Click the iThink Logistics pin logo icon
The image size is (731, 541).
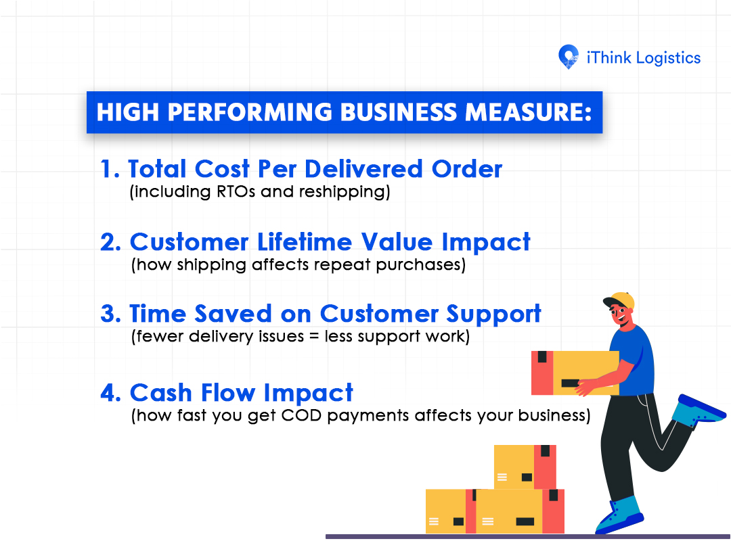click(x=569, y=57)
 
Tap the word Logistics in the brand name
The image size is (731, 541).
click(x=668, y=58)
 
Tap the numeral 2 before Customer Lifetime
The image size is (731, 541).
click(x=111, y=242)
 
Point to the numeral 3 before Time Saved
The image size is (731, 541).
click(x=111, y=314)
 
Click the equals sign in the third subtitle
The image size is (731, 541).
click(x=314, y=337)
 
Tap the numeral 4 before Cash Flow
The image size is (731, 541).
click(x=111, y=393)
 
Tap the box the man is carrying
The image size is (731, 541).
click(x=575, y=373)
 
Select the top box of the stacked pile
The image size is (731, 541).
click(x=525, y=467)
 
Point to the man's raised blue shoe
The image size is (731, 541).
click(x=699, y=410)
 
